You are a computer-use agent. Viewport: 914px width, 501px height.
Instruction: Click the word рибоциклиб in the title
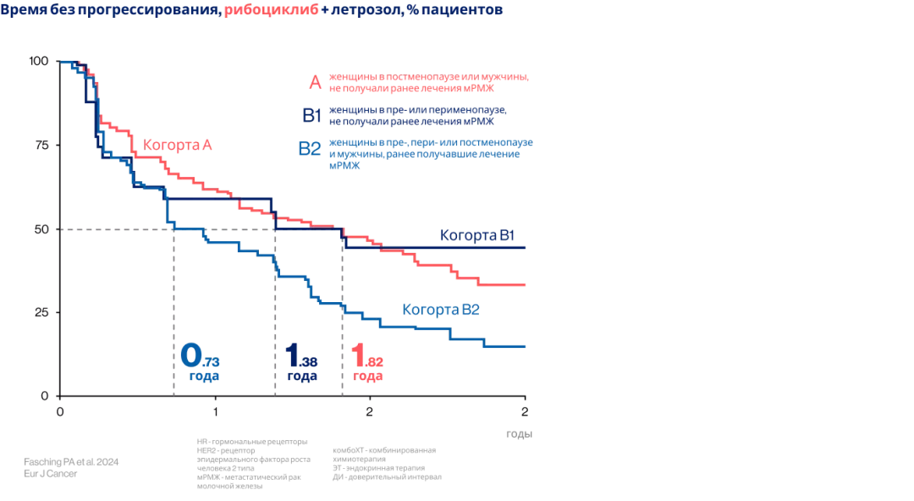click(267, 10)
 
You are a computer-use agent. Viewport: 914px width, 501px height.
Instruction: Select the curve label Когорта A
click(177, 145)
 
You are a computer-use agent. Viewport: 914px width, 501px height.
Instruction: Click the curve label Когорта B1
click(477, 235)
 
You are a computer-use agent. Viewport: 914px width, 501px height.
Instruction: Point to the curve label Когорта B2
click(441, 310)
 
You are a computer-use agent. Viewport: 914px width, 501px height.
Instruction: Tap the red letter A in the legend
click(315, 83)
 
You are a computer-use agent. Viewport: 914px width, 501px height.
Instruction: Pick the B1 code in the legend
click(311, 116)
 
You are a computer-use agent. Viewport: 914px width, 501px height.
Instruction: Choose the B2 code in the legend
click(309, 149)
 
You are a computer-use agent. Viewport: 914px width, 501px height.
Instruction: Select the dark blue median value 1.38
click(300, 355)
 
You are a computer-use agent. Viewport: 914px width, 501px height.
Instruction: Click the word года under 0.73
click(203, 376)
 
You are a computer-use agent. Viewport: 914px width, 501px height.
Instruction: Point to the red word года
click(367, 376)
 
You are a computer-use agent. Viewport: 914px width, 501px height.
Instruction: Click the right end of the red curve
click(526, 285)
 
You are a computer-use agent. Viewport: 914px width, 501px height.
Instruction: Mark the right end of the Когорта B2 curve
click(526, 346)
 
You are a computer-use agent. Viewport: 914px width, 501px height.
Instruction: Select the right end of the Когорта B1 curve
click(526, 247)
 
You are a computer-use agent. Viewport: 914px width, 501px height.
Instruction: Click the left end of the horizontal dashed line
click(61, 229)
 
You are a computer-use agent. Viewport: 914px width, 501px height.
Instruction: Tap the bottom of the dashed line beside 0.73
click(174, 394)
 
